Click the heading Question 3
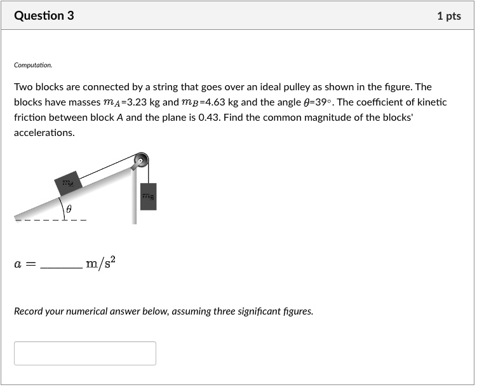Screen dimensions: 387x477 (44, 16)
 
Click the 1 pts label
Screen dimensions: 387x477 (448, 16)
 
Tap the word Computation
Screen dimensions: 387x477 (33, 65)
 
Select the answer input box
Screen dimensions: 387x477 (85, 353)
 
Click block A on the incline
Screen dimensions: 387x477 (67, 182)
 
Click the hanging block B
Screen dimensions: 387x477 (148, 196)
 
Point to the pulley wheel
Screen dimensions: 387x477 (140, 161)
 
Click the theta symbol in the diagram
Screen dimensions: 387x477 (69, 208)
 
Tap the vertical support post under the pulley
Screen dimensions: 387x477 (134, 197)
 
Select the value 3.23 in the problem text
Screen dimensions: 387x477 (137, 102)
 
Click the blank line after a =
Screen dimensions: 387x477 (61, 266)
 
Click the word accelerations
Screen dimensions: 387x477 (44, 133)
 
